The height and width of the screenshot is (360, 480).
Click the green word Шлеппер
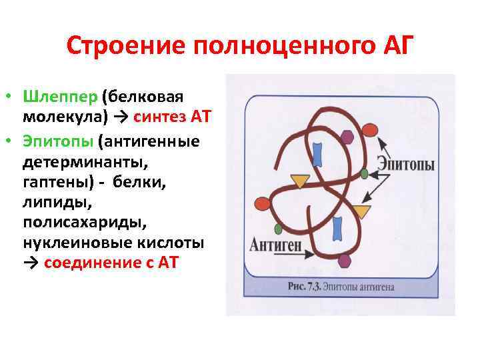(60, 97)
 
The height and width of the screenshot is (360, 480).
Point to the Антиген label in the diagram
(275, 244)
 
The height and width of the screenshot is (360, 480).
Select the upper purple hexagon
(347, 138)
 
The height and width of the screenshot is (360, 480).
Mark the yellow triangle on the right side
(361, 212)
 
